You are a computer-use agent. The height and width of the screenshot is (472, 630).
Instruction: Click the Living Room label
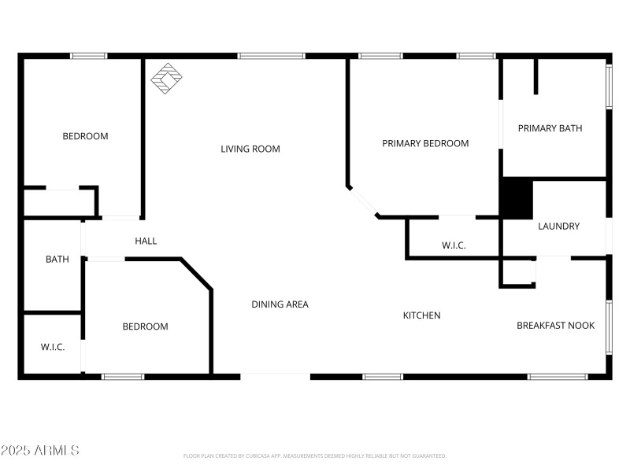250,149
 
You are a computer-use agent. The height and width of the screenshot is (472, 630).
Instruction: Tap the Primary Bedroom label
425,143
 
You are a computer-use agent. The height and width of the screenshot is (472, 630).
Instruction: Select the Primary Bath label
550,128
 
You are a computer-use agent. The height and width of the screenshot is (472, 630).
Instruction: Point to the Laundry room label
558,227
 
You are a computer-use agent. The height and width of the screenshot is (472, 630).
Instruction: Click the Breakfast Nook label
555,326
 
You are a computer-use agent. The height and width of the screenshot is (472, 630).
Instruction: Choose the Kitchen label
421,315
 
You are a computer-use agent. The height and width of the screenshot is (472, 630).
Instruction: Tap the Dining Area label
280,304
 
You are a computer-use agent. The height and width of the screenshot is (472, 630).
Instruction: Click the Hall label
146,241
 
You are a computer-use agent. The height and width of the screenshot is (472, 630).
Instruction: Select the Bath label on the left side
57,259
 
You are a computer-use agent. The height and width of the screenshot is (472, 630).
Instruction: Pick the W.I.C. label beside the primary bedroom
453,245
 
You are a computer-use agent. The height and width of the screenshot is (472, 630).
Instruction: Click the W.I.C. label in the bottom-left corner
53,347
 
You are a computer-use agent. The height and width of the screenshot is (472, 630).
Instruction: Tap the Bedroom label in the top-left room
85,136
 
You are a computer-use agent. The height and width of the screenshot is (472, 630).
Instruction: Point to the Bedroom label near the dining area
145,326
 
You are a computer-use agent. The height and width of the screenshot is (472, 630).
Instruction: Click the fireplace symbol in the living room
166,79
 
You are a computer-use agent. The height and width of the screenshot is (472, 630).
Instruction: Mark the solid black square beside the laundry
517,198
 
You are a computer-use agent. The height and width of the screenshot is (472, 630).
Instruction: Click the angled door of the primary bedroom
363,201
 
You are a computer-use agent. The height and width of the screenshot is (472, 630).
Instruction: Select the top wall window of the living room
271,56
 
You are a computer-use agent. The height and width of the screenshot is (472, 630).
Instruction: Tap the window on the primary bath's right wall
608,87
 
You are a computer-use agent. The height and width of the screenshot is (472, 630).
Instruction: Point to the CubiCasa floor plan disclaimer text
314,455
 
